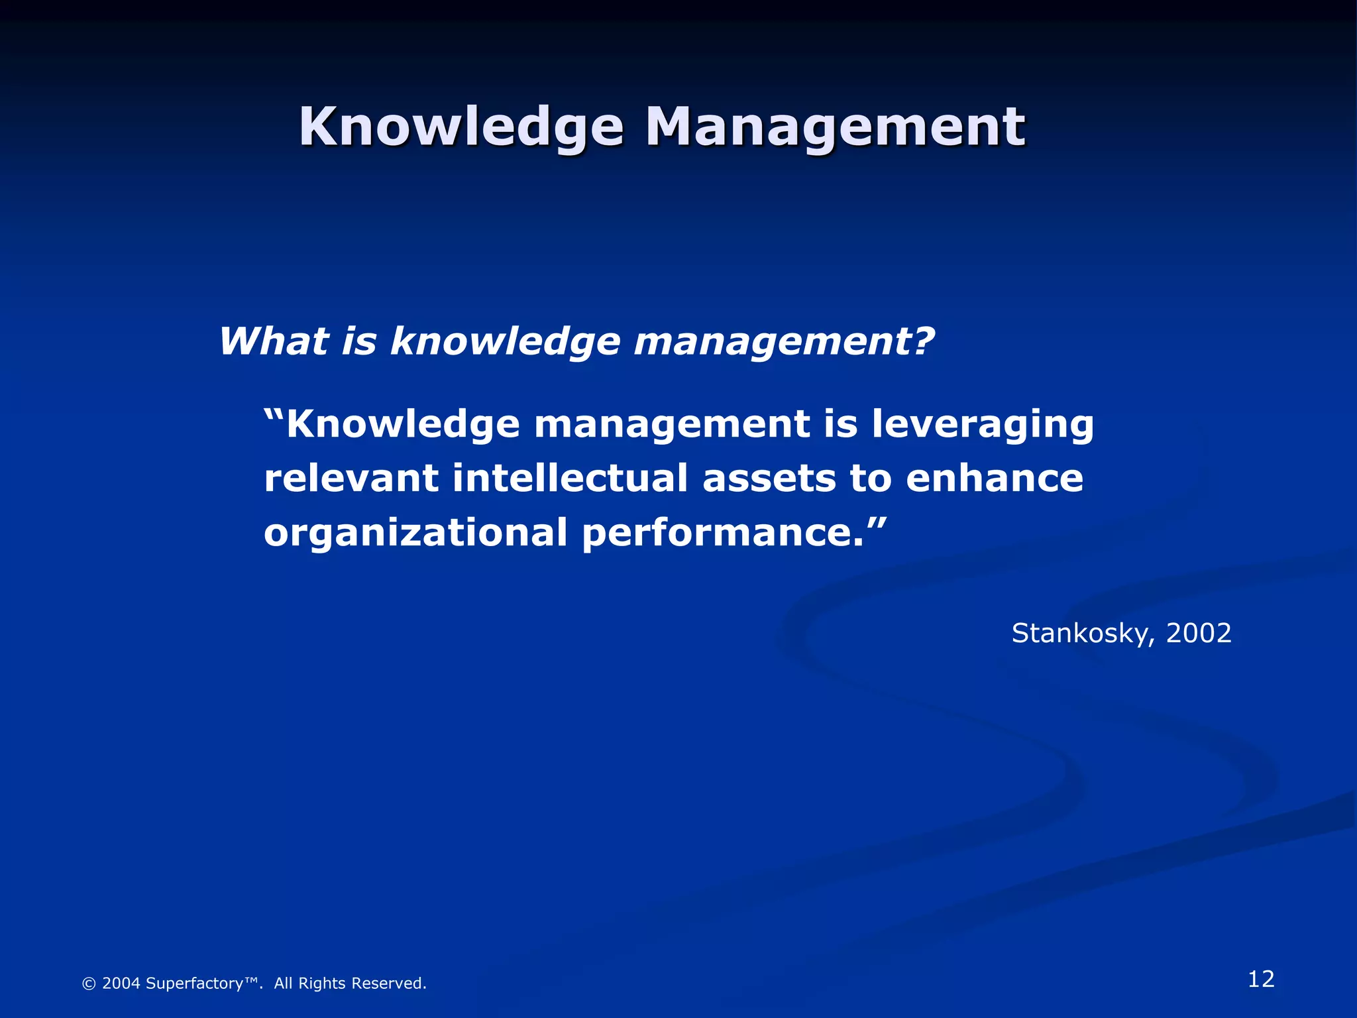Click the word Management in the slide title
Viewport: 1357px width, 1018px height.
(835, 127)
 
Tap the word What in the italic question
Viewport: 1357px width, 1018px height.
(274, 342)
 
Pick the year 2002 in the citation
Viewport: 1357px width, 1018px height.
(1198, 634)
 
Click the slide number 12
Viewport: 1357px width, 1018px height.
(1261, 979)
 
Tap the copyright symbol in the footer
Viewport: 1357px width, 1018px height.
(88, 984)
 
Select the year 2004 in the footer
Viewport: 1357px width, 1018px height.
(121, 984)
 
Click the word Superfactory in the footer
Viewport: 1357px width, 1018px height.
(194, 984)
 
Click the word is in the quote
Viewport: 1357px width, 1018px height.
(841, 424)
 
